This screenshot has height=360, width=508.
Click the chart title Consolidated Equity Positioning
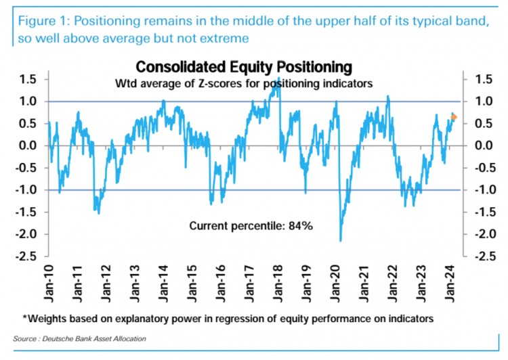tap(244, 68)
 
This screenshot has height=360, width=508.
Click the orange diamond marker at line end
tap(454, 117)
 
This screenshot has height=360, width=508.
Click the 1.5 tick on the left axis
tap(28, 80)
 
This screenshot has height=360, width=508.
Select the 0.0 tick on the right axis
tap(476, 145)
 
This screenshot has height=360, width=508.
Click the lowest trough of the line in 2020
tap(340, 240)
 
